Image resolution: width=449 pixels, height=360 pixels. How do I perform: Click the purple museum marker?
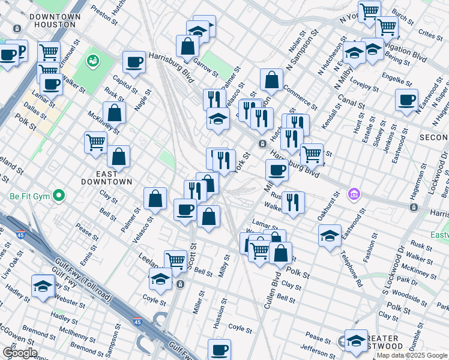(x=354, y=194)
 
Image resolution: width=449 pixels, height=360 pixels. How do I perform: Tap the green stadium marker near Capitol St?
(x=92, y=61)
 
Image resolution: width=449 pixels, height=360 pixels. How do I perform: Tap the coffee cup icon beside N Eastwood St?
(x=406, y=100)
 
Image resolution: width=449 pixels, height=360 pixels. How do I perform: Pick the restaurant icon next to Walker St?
(x=292, y=202)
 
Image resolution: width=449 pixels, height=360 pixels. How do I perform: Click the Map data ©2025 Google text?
(x=411, y=355)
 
